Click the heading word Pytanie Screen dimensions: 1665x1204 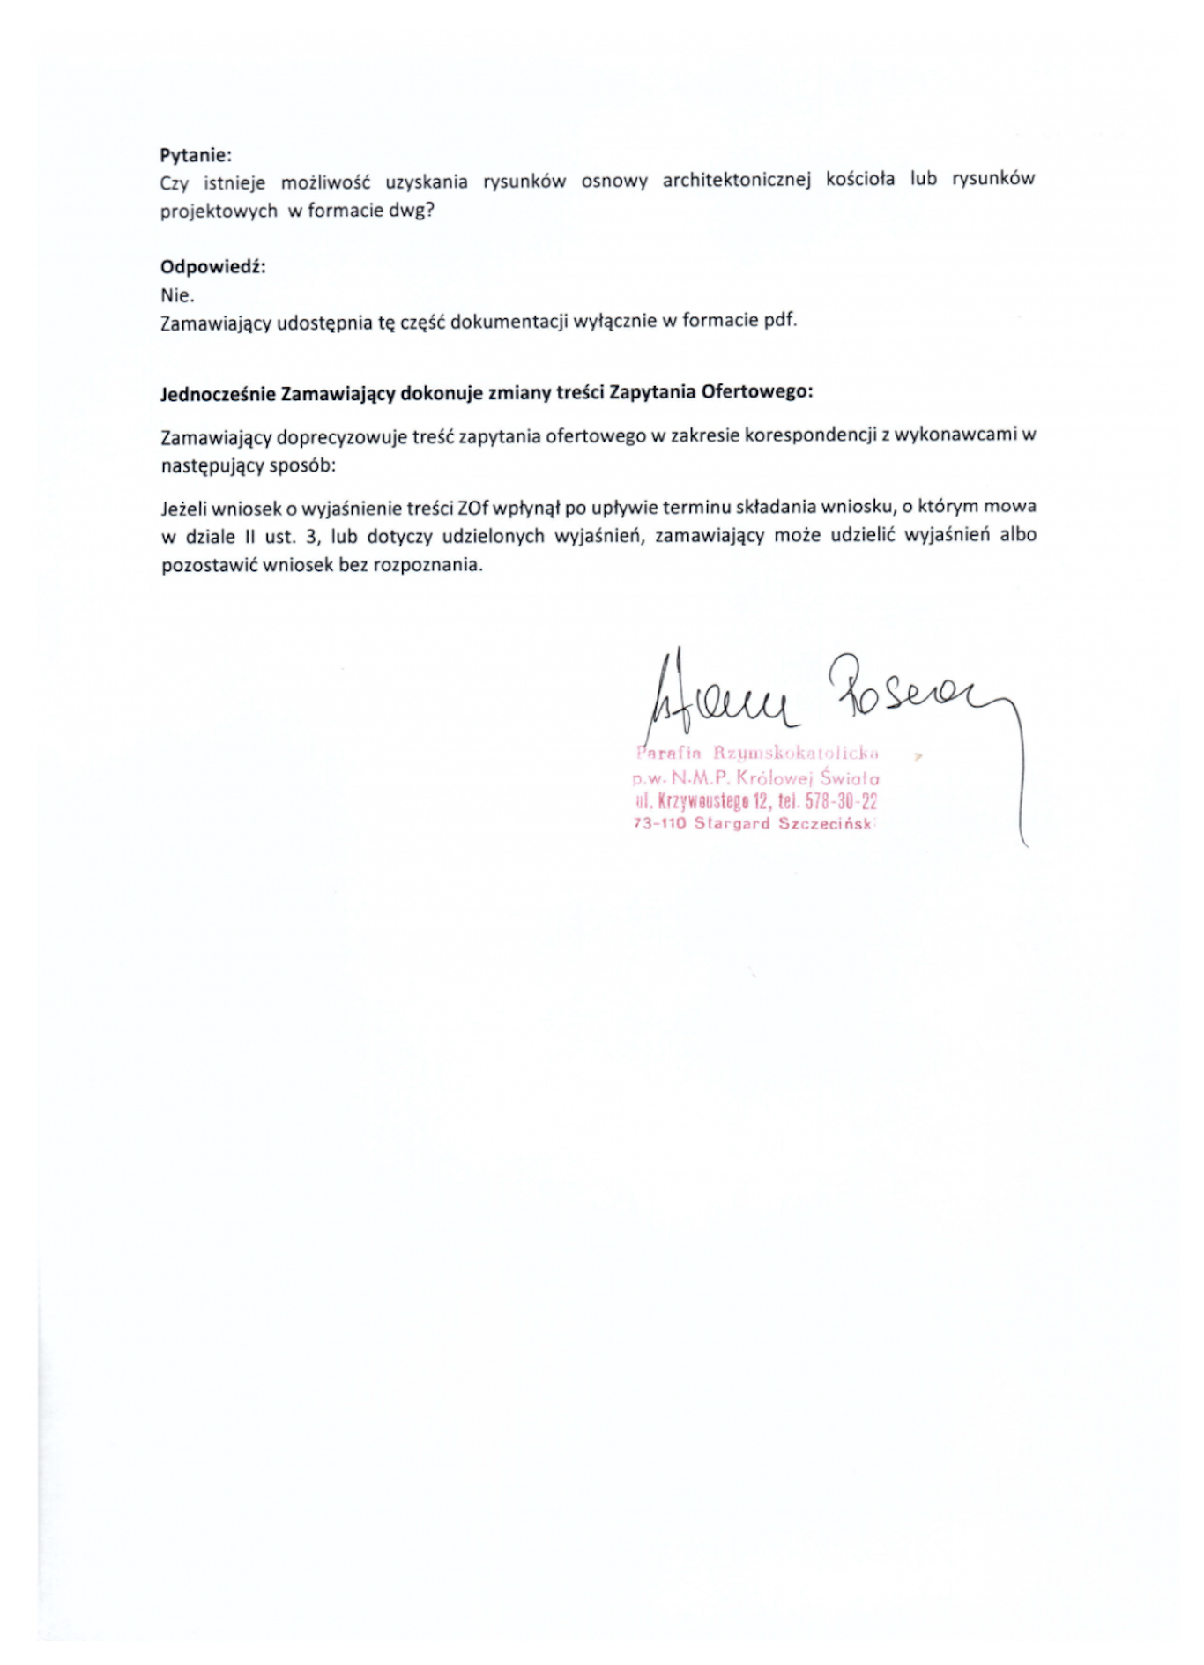coord(195,155)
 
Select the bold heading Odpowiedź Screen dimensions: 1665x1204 coord(212,267)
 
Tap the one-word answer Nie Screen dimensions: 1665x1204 coord(177,295)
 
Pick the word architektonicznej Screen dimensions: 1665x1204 coord(736,180)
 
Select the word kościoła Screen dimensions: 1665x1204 coord(860,179)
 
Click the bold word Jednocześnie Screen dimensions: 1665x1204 coord(218,394)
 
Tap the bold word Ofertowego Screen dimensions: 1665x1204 coord(755,391)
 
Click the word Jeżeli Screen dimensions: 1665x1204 coord(184,509)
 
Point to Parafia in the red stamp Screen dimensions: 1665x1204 coord(667,753)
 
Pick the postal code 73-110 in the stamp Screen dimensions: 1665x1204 coord(659,824)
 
